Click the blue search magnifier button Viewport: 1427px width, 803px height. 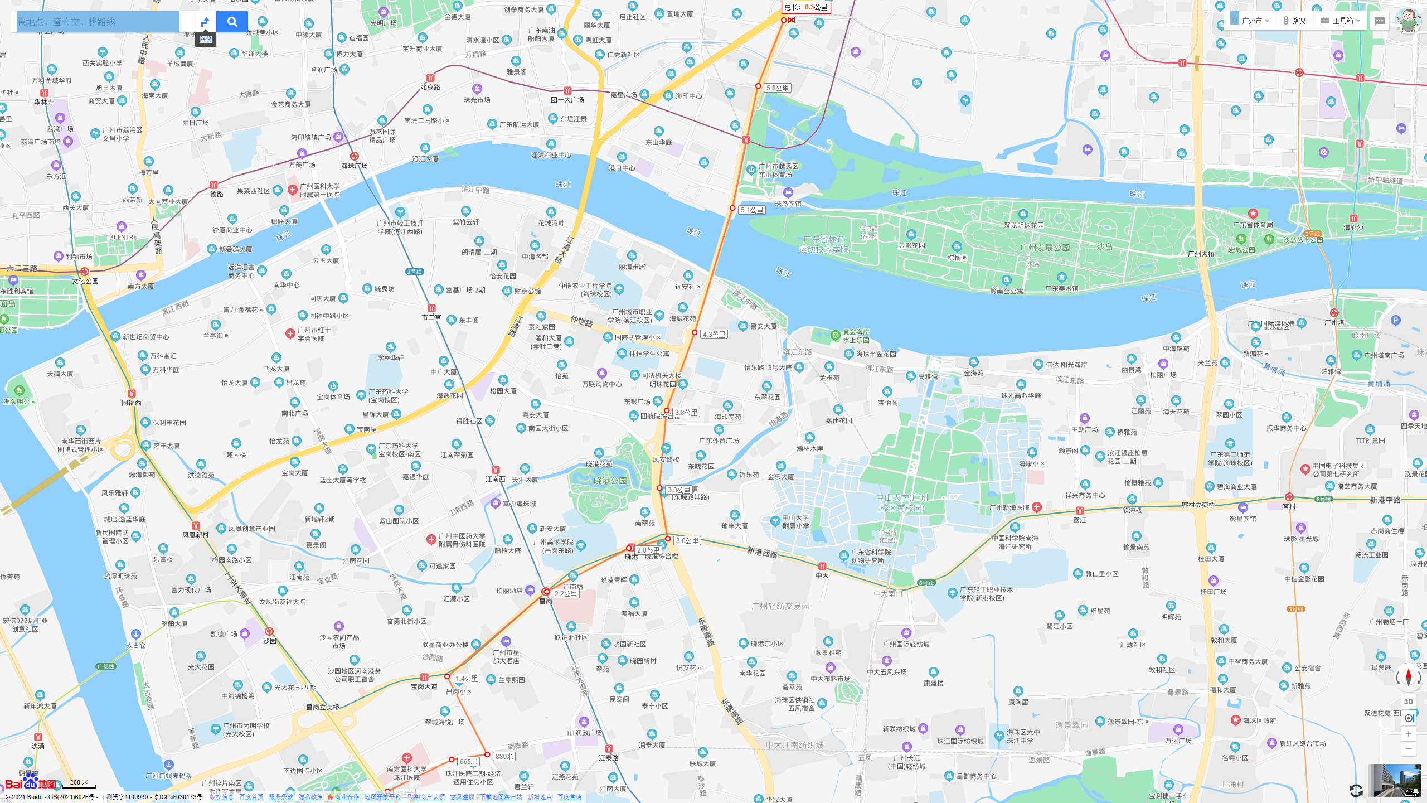coord(232,22)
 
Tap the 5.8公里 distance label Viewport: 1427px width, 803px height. coord(777,88)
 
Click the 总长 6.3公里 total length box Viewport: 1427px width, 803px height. coord(805,7)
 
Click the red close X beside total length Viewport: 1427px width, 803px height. coord(792,20)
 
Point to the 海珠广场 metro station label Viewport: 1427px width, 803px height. coord(354,166)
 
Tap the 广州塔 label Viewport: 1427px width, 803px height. coord(1334,322)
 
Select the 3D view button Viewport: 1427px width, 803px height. coord(1408,702)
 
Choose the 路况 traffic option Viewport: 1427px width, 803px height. coord(1294,21)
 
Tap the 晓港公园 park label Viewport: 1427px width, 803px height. coord(610,481)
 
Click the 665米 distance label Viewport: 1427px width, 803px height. coord(468,762)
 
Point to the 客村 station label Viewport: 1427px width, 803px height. coord(1289,506)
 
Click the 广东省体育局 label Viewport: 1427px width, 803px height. coord(1253,225)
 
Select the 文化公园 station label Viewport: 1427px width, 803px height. coord(85,281)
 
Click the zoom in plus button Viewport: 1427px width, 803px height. coord(1408,734)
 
